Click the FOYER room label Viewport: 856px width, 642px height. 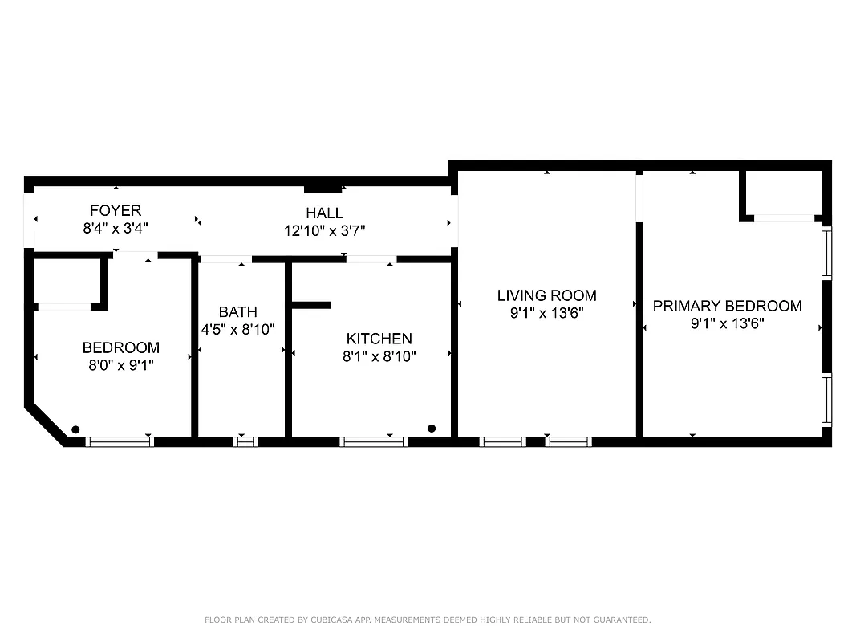tap(115, 211)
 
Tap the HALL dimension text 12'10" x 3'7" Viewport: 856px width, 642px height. tap(324, 230)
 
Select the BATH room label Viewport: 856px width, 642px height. tap(237, 311)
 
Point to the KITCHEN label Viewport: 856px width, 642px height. tap(379, 339)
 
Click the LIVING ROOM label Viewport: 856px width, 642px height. tap(546, 295)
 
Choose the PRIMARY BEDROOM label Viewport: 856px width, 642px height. tap(727, 306)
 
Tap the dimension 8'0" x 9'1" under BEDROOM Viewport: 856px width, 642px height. tap(120, 365)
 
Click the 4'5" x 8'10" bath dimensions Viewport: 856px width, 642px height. tap(237, 329)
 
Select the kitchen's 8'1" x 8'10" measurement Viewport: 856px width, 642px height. tap(379, 356)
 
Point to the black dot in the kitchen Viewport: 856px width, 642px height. tap(432, 429)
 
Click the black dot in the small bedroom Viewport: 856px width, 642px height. tap(75, 429)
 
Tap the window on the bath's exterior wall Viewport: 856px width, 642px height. tap(245, 441)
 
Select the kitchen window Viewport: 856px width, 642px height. tap(373, 441)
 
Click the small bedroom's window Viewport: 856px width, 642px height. tap(120, 441)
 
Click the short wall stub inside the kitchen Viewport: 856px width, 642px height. tap(311, 305)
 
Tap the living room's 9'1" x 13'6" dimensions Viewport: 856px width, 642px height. tap(546, 313)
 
